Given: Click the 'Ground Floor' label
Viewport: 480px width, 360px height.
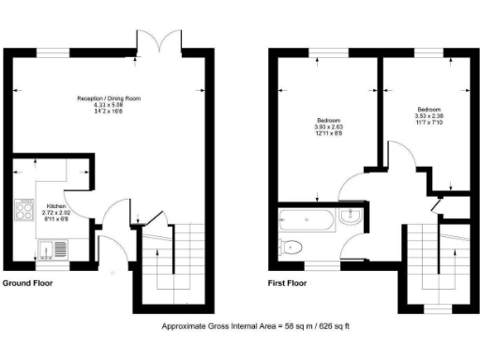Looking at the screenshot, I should click(27, 282).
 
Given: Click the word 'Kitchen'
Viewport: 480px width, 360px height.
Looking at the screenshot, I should click(56, 205).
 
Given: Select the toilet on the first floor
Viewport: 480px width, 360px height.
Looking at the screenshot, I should click(292, 248).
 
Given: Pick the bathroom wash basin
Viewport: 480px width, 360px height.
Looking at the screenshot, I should click(354, 218).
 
